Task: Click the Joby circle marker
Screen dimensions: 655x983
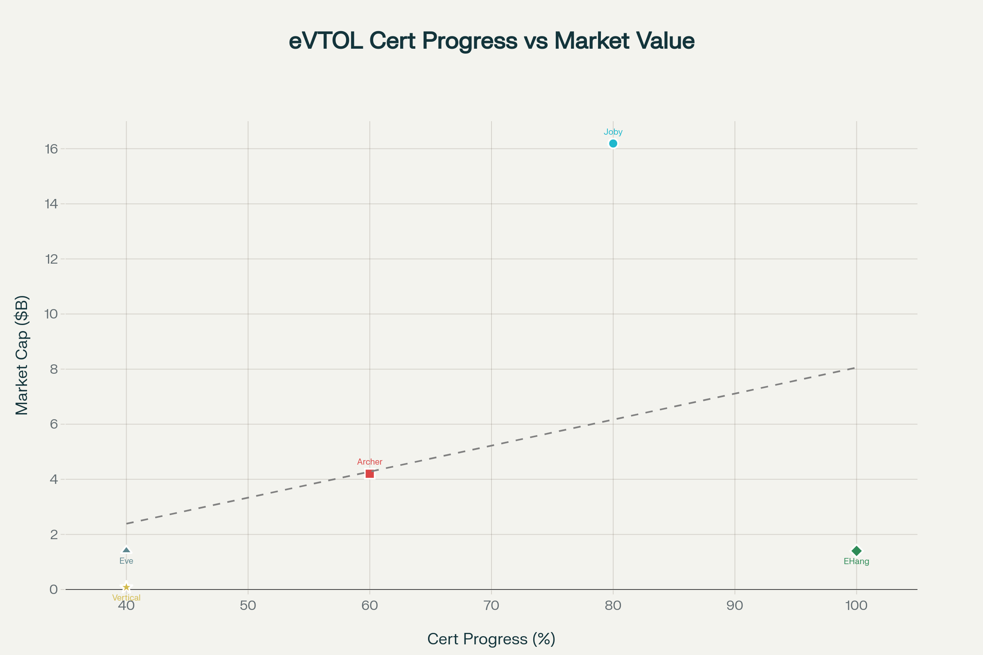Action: click(x=613, y=144)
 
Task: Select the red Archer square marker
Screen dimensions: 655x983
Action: click(x=369, y=474)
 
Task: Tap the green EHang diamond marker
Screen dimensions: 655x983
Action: click(x=856, y=551)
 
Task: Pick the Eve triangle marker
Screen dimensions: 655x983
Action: click(x=126, y=551)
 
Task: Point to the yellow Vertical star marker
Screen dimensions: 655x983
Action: click(x=126, y=587)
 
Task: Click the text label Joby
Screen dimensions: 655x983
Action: click(x=613, y=132)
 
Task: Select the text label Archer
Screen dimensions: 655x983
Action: click(x=369, y=462)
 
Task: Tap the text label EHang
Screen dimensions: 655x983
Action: click(x=856, y=561)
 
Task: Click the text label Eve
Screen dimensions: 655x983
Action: click(x=126, y=561)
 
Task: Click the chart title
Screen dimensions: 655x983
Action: click(x=491, y=41)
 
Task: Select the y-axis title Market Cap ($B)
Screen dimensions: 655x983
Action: click(x=22, y=355)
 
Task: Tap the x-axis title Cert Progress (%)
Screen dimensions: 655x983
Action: click(x=491, y=639)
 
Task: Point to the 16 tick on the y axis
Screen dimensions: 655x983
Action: click(x=52, y=149)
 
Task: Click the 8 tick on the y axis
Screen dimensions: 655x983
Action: click(x=54, y=369)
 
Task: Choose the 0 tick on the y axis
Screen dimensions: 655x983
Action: click(x=54, y=589)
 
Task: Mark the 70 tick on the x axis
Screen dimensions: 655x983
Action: click(x=491, y=606)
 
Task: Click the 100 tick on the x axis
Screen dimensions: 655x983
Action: click(x=856, y=606)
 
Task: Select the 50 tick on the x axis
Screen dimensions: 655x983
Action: click(x=248, y=606)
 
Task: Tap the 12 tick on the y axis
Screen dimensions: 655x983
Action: click(x=52, y=259)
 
